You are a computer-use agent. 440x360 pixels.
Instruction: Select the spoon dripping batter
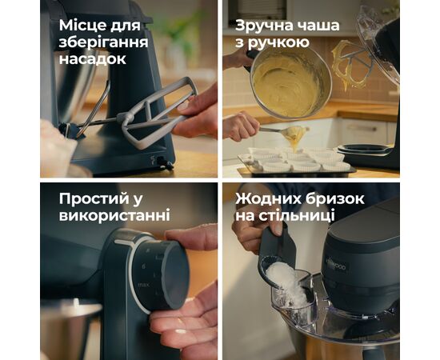coord(280,129)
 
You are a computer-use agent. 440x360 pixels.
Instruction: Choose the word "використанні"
coord(114,216)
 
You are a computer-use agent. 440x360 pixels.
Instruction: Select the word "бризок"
coord(343,198)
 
